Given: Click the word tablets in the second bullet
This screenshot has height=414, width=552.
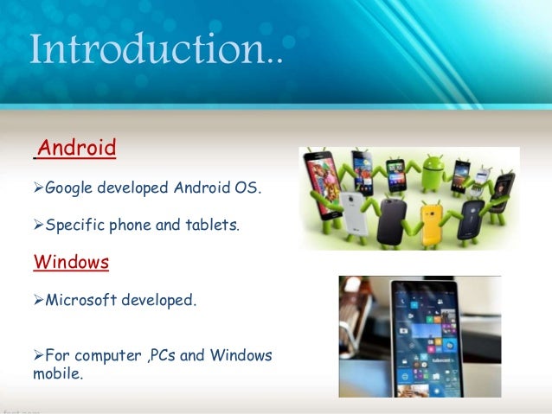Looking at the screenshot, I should (209, 225).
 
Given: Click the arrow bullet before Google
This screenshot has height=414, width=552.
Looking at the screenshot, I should (38, 187).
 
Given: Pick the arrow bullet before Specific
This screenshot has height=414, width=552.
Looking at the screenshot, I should (38, 225).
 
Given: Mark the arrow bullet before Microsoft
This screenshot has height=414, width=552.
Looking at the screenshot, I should (38, 301).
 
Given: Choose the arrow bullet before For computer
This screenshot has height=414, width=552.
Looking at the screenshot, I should (38, 355).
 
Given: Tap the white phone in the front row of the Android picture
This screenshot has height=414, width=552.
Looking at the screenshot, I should (353, 213).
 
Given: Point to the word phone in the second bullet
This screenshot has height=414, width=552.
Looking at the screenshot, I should (129, 225).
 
